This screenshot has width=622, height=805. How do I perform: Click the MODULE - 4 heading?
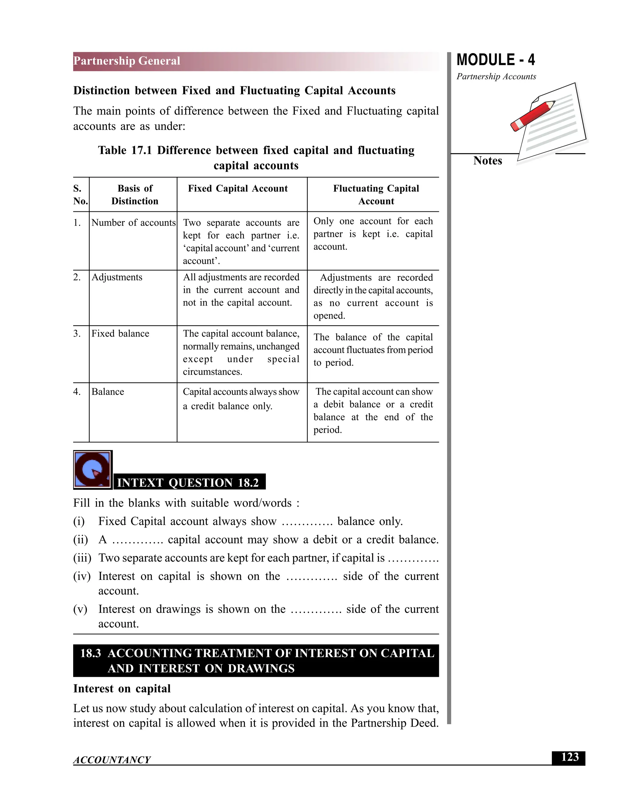point(496,60)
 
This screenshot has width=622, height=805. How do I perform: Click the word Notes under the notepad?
point(487,161)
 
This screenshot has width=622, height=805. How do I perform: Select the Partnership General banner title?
point(127,61)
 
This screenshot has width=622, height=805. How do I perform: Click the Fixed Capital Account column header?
point(238,189)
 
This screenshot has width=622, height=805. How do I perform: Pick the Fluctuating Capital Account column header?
point(376,195)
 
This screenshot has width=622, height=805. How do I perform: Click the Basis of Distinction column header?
point(135,195)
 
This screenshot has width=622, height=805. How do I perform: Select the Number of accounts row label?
point(133,223)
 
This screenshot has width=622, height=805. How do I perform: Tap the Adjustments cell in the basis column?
point(117,277)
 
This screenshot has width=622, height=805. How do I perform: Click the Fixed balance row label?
point(120,334)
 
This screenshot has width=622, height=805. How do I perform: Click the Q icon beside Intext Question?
point(93,470)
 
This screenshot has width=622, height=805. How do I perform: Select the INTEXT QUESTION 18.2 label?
point(188,482)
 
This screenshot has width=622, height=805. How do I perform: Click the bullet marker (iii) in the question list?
point(82,558)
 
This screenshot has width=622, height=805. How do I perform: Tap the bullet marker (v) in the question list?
point(80,609)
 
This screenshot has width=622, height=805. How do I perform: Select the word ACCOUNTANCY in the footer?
point(112,760)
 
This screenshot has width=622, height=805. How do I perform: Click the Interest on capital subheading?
point(122,689)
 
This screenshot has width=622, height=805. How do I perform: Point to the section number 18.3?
point(90,653)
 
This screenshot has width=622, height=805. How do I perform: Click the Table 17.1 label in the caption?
point(125,150)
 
